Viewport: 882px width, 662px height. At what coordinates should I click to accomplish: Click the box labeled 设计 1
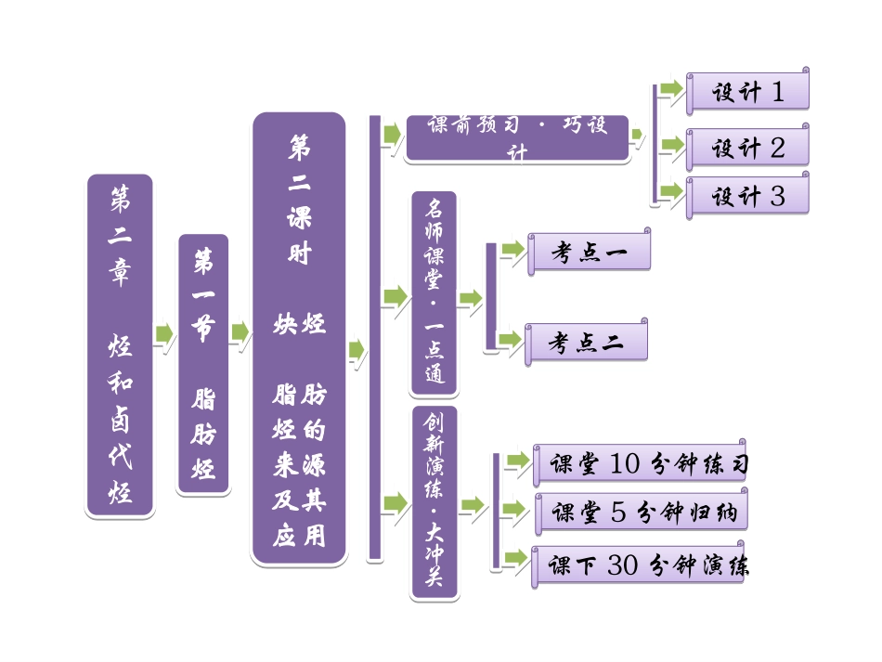(x=747, y=92)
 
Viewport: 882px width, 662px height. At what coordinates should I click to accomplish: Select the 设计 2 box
(x=747, y=148)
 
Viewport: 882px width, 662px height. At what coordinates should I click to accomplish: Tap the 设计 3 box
(x=747, y=196)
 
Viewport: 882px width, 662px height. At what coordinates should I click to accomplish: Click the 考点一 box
(x=589, y=252)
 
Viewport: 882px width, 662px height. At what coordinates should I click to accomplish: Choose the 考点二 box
(x=586, y=343)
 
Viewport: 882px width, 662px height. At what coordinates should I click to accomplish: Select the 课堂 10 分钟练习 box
(x=640, y=464)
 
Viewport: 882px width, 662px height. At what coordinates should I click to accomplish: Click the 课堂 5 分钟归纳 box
(x=640, y=512)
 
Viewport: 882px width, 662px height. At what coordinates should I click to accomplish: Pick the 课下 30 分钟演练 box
(x=640, y=565)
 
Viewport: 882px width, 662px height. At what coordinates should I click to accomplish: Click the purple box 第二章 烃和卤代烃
(x=120, y=344)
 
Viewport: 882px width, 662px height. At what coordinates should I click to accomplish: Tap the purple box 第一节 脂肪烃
(x=202, y=364)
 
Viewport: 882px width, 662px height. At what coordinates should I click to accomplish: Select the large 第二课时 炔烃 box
(x=299, y=339)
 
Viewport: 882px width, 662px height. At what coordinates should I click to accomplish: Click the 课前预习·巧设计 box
(x=517, y=138)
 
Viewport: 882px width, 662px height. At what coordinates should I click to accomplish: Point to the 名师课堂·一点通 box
(x=434, y=294)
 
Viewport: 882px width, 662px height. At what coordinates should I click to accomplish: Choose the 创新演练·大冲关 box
(x=435, y=502)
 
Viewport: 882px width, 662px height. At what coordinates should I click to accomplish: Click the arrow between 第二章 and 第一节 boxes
(x=164, y=333)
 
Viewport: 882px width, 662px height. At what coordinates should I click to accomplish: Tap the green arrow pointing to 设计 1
(x=671, y=89)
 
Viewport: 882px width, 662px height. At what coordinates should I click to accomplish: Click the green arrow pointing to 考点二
(x=510, y=340)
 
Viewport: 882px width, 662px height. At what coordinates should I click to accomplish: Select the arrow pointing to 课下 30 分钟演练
(x=515, y=559)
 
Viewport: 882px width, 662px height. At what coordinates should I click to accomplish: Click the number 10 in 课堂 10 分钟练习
(x=625, y=464)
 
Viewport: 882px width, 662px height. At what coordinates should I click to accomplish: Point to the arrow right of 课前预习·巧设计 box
(x=637, y=136)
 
